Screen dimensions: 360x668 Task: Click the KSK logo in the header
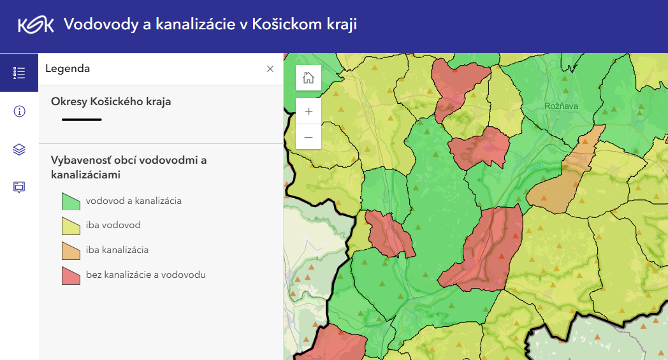pos(36,25)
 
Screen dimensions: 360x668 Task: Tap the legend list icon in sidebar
pos(19,73)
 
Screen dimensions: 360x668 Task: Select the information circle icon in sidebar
pos(19,112)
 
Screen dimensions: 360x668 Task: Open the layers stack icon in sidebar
pos(19,150)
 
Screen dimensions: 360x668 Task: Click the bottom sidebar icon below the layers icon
pos(19,187)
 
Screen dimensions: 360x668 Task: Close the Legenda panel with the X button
pos(270,69)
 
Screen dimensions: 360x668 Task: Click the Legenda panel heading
pos(68,69)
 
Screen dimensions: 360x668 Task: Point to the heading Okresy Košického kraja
pos(111,101)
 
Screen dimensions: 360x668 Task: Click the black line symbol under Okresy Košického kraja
pos(82,119)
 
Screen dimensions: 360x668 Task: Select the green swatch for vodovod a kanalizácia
pos(71,201)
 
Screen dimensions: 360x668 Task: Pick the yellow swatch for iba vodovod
pos(71,226)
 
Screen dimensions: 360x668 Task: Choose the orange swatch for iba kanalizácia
pos(71,250)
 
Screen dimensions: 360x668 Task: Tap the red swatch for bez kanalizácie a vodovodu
pos(71,275)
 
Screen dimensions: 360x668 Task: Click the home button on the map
pos(309,78)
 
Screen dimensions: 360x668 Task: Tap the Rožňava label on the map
pos(561,106)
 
